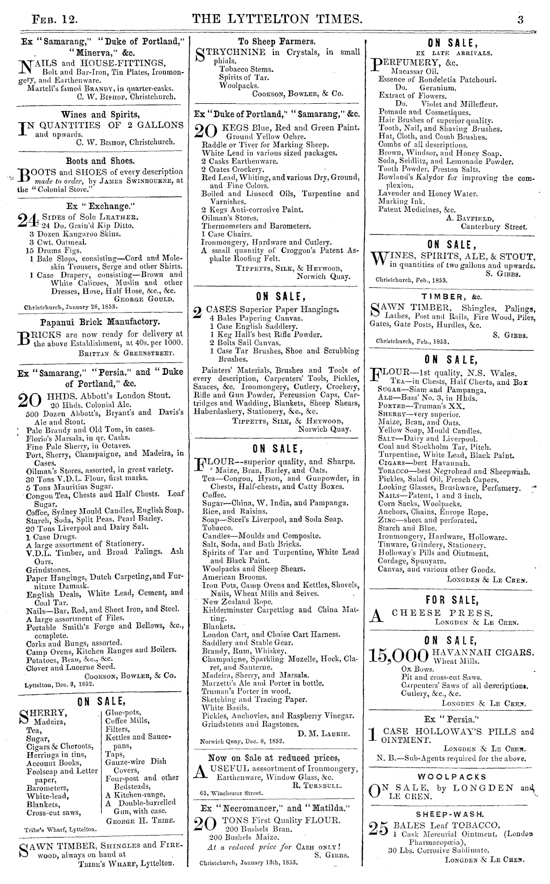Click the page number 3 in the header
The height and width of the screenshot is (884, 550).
[520, 19]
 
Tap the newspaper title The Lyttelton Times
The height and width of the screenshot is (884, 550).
[277, 19]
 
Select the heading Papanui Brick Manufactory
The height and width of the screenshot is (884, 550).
[100, 322]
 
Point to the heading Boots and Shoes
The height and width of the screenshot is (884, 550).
[100, 161]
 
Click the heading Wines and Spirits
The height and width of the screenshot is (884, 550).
[100, 115]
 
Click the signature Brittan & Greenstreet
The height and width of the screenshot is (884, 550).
[126, 353]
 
